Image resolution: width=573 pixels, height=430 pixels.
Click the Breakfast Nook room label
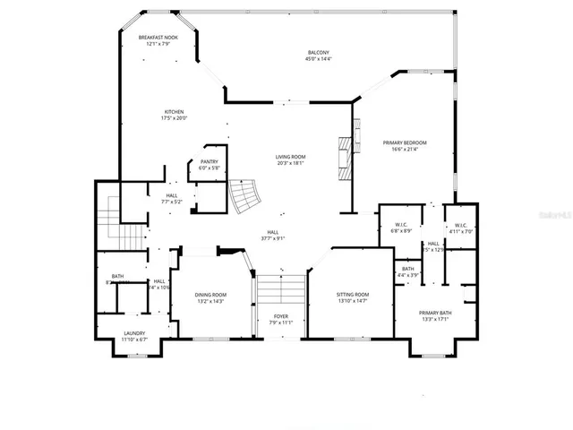coord(158,38)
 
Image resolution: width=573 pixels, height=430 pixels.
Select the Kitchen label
coord(174,112)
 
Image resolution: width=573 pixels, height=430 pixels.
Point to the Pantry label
coord(209,161)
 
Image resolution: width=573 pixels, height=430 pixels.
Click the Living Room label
coord(290,157)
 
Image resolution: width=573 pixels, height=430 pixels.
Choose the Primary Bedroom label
coord(405,142)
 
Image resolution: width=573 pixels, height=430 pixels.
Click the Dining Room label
coord(211,295)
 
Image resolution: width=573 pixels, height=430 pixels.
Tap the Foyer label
coord(281,316)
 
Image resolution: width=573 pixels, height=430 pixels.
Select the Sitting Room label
coord(352,295)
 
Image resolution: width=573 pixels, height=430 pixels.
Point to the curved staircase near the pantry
coord(242,195)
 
